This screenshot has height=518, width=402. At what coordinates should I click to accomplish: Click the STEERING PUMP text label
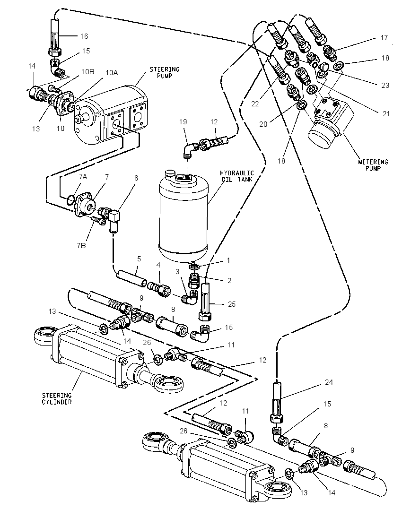point(165,72)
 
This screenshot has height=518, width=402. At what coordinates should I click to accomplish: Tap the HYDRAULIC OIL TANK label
point(236,176)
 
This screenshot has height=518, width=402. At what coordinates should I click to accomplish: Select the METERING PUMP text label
point(373,165)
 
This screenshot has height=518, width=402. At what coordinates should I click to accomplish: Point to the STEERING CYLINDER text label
point(57,398)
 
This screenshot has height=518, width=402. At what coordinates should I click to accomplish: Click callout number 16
point(84,36)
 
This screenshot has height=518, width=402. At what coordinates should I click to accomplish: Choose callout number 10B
point(87,72)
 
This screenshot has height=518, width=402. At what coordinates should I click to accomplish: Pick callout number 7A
point(83,177)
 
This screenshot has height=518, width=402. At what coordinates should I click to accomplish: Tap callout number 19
point(183,121)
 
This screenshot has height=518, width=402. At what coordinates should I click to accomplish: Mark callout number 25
point(232,304)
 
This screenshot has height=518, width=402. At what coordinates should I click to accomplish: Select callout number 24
point(329,382)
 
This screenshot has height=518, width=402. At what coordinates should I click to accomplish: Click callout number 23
point(385,85)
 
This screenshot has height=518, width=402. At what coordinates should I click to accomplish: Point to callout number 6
point(136,178)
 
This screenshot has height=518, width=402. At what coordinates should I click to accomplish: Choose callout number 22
point(254,104)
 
